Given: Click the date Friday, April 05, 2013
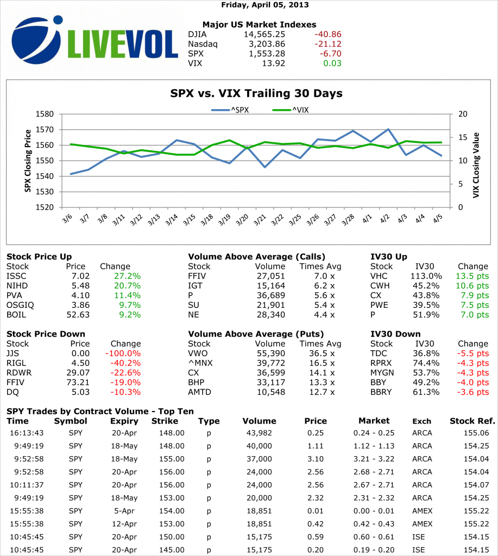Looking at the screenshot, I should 265,5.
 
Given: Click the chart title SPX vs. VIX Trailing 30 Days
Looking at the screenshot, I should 256,93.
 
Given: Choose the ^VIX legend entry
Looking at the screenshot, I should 291,110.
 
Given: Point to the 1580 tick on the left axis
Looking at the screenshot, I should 47,114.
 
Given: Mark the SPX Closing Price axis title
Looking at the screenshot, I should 27,161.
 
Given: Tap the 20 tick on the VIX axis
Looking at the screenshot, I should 462,114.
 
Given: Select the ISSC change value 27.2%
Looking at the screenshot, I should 128,276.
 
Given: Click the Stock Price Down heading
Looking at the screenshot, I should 46,334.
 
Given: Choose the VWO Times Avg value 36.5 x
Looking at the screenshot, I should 324,353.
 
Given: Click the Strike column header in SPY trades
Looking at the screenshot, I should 165,421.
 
